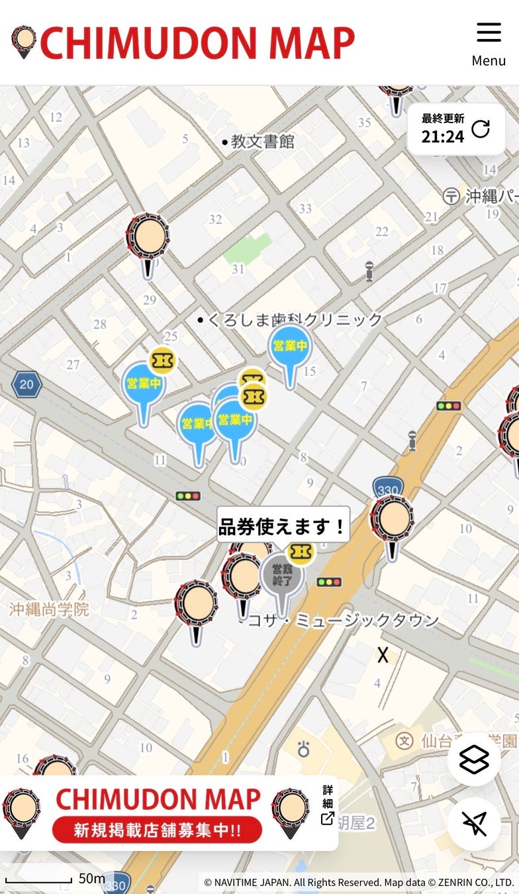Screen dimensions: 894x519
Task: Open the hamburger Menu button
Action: [x=489, y=43]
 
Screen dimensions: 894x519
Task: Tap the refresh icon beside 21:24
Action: [x=481, y=129]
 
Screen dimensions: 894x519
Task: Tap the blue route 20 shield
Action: [x=26, y=384]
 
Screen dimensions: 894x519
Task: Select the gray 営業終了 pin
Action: [x=282, y=574]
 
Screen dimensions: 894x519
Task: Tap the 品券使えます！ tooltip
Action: [x=283, y=527]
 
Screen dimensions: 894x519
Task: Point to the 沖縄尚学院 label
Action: [x=49, y=609]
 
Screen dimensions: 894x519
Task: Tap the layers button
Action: [x=474, y=759]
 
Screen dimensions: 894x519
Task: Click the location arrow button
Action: [x=474, y=824]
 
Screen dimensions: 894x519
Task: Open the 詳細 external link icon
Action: [x=328, y=818]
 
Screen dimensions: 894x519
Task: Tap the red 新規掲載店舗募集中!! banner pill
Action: [x=157, y=830]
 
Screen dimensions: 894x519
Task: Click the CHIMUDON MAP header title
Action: [x=197, y=43]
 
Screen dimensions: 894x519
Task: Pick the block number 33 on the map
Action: [x=305, y=209]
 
